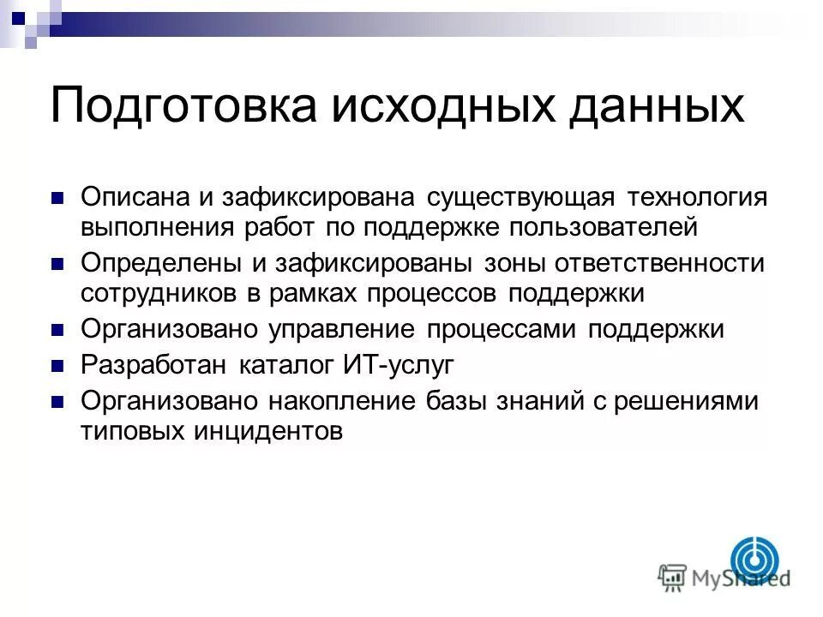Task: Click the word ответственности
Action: (x=665, y=262)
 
